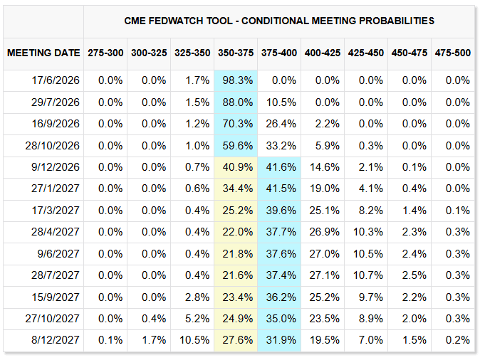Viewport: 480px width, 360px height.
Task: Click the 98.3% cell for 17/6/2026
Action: point(238,80)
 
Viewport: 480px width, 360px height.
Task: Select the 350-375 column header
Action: point(236,53)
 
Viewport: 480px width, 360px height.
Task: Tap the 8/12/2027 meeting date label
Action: point(56,340)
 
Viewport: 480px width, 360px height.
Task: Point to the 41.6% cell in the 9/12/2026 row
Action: point(281,167)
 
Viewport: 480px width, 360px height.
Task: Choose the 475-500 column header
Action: point(453,53)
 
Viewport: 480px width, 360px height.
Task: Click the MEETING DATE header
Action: point(43,53)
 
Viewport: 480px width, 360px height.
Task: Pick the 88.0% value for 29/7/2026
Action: point(238,102)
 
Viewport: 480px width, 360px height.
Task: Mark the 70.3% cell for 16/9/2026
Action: point(238,124)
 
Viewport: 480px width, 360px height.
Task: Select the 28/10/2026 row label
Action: point(53,146)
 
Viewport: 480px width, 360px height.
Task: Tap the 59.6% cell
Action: point(238,146)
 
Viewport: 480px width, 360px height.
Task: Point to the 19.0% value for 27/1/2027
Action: point(325,189)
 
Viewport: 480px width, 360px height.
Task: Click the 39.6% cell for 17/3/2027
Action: point(281,211)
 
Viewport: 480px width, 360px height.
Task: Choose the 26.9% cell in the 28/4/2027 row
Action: point(325,232)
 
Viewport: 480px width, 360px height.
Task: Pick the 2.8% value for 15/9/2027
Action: point(197,297)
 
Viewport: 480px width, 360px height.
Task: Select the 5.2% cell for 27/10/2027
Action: point(197,319)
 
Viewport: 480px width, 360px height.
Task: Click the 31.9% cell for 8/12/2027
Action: point(281,340)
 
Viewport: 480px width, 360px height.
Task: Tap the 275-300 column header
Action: point(105,53)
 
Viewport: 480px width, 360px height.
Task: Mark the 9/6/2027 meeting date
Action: point(58,254)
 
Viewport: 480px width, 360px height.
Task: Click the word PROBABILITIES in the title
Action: point(397,21)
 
